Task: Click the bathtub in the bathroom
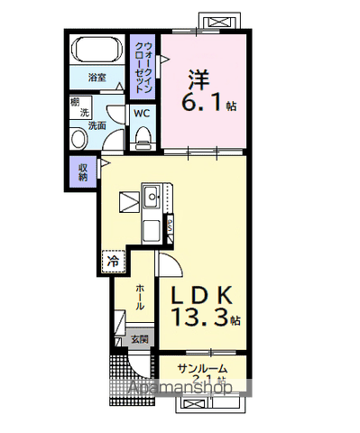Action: pyautogui.click(x=97, y=51)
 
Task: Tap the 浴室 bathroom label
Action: pyautogui.click(x=97, y=78)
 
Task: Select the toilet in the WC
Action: pyautogui.click(x=143, y=135)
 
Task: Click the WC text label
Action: pyautogui.click(x=143, y=114)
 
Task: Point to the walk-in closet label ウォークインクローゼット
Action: pyautogui.click(x=143, y=62)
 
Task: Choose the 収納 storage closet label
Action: pyautogui.click(x=83, y=171)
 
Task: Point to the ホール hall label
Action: pyautogui.click(x=141, y=297)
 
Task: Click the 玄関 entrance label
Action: pyautogui.click(x=140, y=340)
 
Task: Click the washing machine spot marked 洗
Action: pyautogui.click(x=85, y=113)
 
